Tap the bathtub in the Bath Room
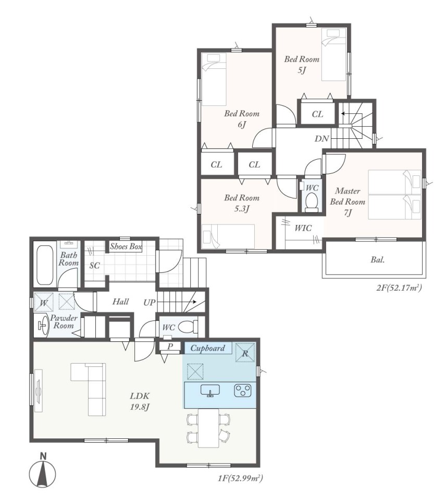click(x=45, y=265)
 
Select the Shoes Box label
click(x=126, y=246)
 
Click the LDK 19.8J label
click(x=140, y=401)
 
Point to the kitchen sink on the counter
click(x=210, y=390)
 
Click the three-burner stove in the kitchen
click(x=242, y=390)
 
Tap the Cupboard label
click(x=208, y=348)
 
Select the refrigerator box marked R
click(x=245, y=352)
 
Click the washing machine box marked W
click(x=44, y=302)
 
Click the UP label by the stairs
click(x=150, y=302)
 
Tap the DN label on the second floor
click(x=321, y=139)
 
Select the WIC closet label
click(x=303, y=228)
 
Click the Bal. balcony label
click(x=377, y=260)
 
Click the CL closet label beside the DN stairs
click(x=317, y=114)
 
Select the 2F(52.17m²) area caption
click(x=399, y=288)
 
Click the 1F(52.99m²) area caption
click(x=240, y=479)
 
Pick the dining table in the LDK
click(x=208, y=428)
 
